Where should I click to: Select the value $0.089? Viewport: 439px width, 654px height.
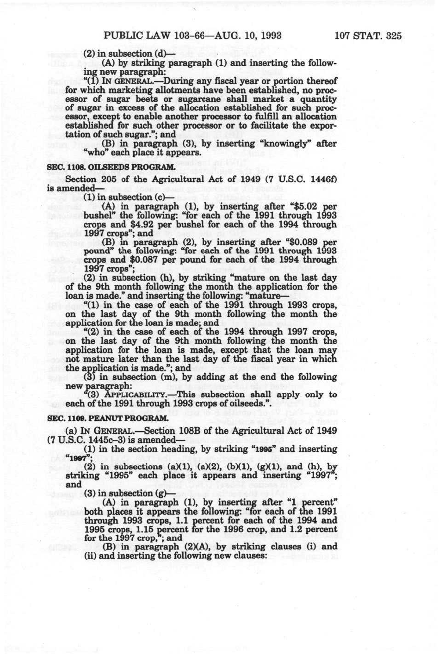click(303, 242)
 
